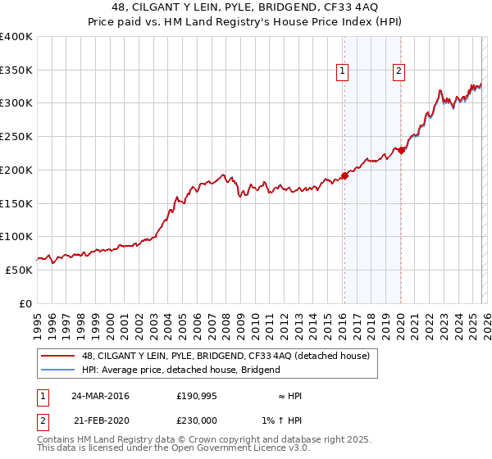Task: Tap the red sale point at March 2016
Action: [344, 175]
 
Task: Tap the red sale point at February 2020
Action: [401, 151]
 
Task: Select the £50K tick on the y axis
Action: [19, 270]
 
